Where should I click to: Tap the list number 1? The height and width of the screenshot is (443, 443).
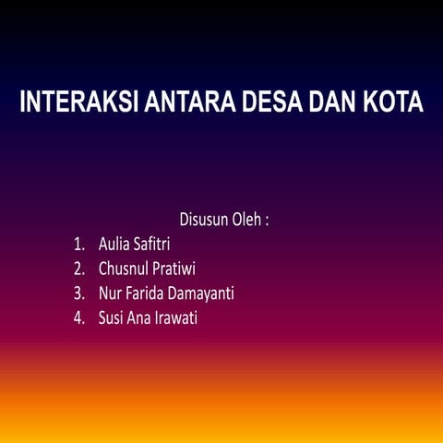click(x=79, y=245)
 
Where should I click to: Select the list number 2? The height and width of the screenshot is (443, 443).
click(x=79, y=270)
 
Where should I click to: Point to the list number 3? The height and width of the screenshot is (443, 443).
click(x=79, y=295)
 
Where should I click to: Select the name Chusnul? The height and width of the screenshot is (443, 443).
click(x=125, y=270)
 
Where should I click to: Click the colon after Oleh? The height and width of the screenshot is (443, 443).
click(x=267, y=222)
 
